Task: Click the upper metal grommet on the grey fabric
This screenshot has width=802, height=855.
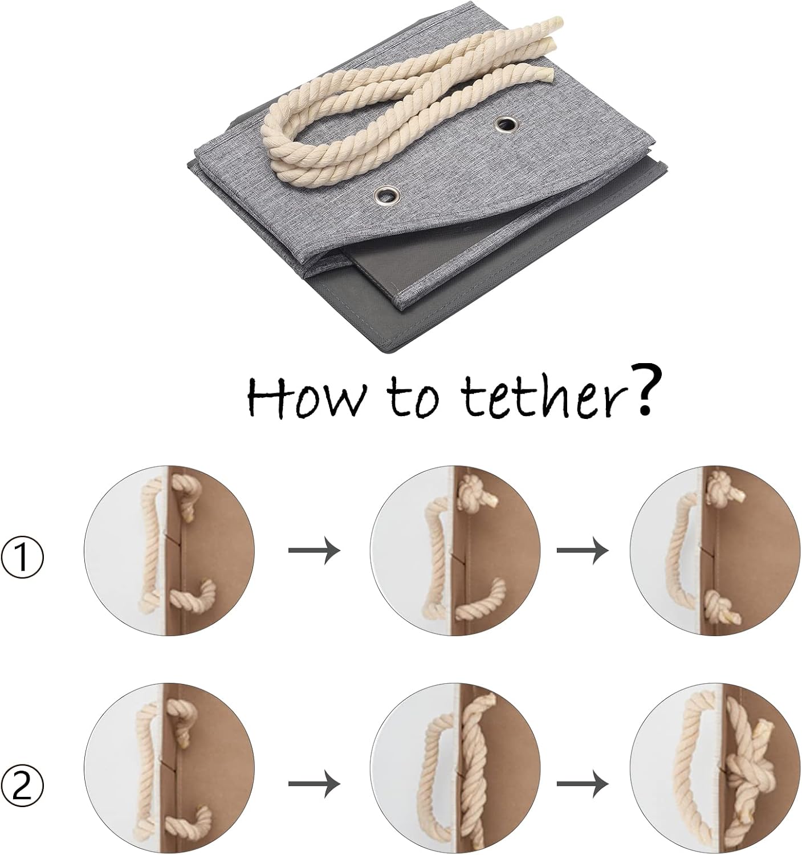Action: [x=506, y=124]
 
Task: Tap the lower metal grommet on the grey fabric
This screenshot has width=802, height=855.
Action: [x=386, y=197]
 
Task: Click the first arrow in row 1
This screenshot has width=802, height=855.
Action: [x=314, y=550]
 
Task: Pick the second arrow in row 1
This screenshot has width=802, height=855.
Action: [x=583, y=550]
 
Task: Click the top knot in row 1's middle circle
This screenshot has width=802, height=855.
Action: [x=474, y=495]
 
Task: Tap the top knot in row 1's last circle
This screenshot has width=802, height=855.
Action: [x=723, y=486]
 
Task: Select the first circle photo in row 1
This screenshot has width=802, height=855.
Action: [x=169, y=550]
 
